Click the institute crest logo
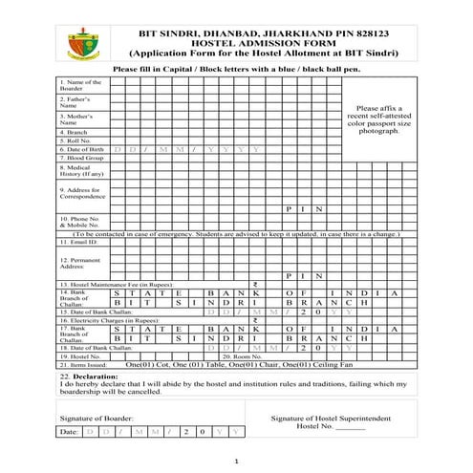click(x=81, y=41)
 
